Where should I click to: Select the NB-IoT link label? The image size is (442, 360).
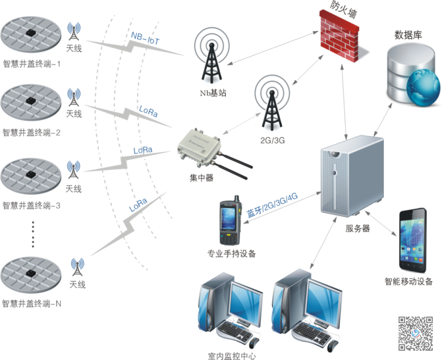pyautogui.click(x=145, y=38)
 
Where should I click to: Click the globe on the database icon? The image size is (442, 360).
pyautogui.click(x=422, y=88)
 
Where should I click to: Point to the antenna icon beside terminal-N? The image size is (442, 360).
pyautogui.click(x=76, y=267)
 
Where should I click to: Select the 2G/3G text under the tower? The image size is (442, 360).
pyautogui.click(x=271, y=141)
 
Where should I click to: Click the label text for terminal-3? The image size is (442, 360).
pyautogui.click(x=31, y=205)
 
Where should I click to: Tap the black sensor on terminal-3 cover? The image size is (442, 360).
pyautogui.click(x=31, y=170)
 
